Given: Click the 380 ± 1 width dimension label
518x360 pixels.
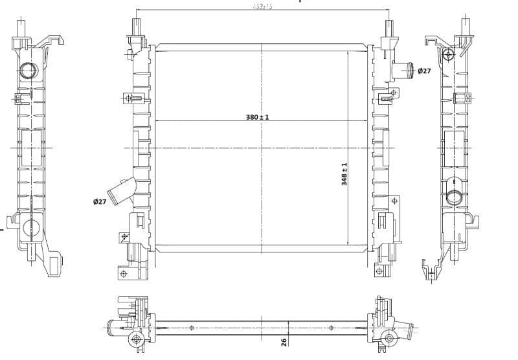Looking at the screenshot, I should pyautogui.click(x=257, y=117).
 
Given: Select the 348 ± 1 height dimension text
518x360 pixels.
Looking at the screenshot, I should pyautogui.click(x=344, y=174).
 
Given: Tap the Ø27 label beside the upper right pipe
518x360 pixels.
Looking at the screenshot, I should pyautogui.click(x=424, y=71).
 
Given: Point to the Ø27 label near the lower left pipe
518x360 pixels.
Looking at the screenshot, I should pyautogui.click(x=100, y=202).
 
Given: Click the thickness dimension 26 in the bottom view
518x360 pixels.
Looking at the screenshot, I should pyautogui.click(x=284, y=341).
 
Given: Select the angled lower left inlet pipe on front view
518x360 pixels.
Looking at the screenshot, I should pyautogui.click(x=121, y=191).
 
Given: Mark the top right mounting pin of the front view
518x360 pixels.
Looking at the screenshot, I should pyautogui.click(x=388, y=28).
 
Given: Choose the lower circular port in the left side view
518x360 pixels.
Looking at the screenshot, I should pyautogui.click(x=30, y=227).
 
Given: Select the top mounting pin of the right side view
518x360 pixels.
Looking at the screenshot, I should pyautogui.click(x=467, y=27).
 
